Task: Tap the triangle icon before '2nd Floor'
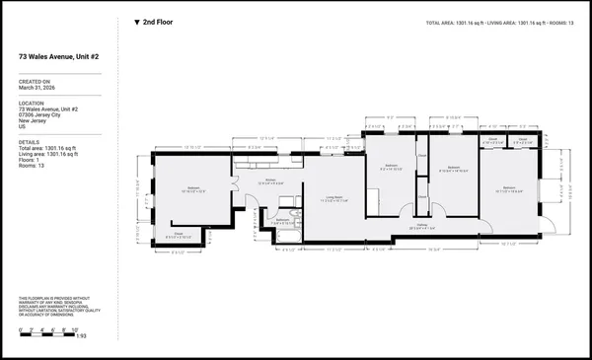click(137, 21)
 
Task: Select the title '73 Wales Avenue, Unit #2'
click(63, 57)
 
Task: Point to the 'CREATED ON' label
click(35, 81)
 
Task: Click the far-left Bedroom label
click(194, 186)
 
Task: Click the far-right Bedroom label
click(510, 186)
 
